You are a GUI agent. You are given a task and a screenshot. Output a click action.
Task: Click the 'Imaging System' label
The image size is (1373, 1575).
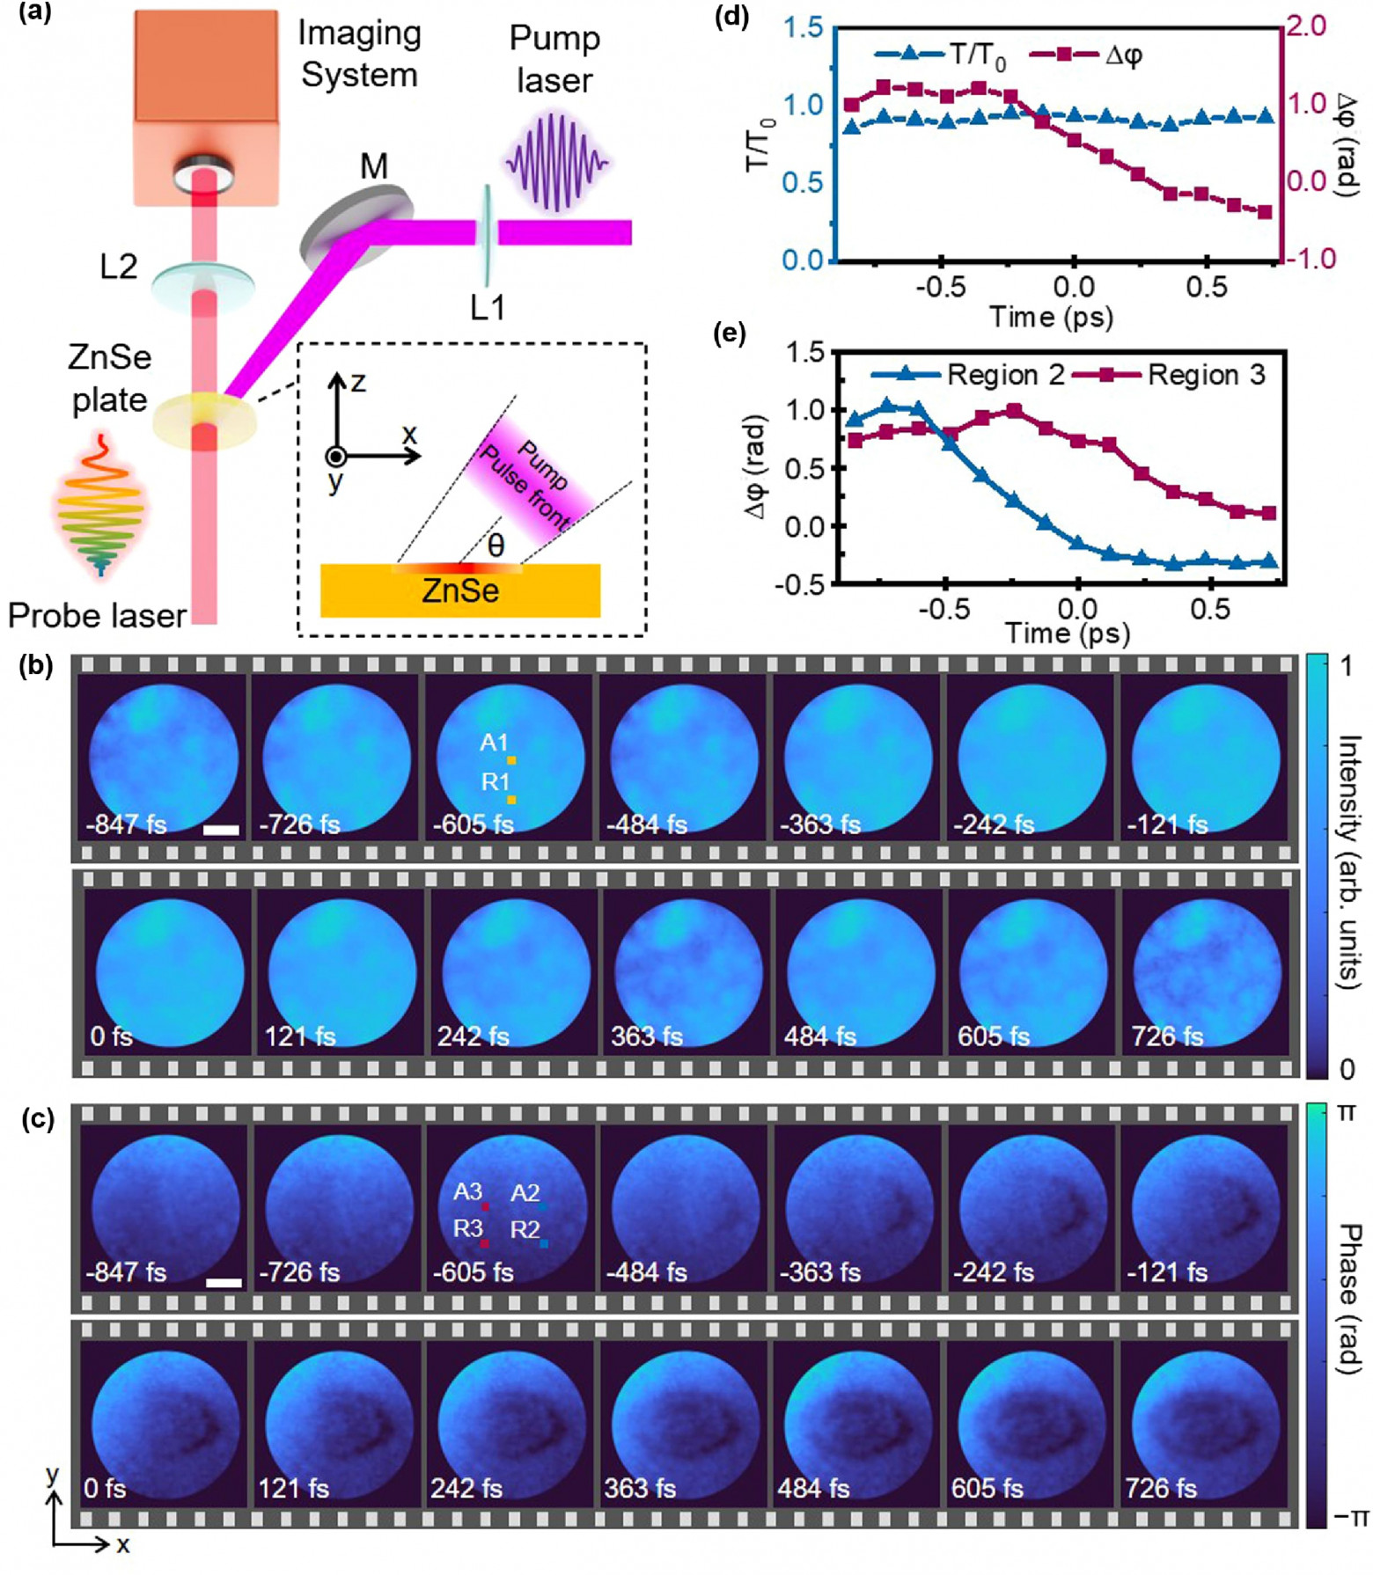[x=359, y=55]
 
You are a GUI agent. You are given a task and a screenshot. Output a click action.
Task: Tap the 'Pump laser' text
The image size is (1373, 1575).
[x=554, y=59]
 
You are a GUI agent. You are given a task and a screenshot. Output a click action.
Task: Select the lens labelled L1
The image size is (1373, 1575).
[x=485, y=233]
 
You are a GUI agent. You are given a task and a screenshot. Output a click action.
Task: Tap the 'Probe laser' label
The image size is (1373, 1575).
[x=97, y=616]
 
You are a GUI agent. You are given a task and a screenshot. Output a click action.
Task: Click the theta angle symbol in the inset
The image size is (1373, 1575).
[x=496, y=546]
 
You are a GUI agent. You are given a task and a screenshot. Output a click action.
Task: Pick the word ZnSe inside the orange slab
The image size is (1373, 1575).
[x=460, y=591]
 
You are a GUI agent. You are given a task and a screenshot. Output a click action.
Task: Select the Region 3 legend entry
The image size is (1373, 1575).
[x=1206, y=376]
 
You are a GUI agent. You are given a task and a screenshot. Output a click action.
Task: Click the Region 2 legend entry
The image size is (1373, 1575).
[x=1005, y=376]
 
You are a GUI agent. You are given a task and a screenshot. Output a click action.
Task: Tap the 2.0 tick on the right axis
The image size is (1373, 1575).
[x=1306, y=26]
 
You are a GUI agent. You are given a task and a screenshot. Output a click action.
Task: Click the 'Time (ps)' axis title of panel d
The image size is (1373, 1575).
[x=1051, y=316]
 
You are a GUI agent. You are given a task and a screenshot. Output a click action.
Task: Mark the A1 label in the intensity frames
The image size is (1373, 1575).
[x=495, y=743]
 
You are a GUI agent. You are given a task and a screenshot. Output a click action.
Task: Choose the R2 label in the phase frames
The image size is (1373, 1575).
[x=525, y=1230]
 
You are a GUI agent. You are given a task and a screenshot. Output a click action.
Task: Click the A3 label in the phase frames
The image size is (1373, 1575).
[x=467, y=1192]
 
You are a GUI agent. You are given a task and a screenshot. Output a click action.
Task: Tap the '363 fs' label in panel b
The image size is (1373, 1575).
[x=646, y=1036]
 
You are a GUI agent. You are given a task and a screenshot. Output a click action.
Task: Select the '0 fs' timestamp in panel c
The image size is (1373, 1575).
[x=105, y=1488]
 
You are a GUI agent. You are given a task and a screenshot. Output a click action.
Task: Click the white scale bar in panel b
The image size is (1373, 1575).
[x=221, y=830]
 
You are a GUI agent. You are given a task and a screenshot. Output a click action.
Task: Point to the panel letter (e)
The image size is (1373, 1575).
[x=731, y=334]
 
